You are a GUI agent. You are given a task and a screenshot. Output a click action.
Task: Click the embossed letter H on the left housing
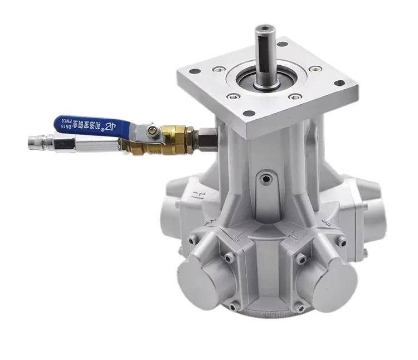196,195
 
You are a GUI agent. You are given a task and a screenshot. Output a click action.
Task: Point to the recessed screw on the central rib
267,179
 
